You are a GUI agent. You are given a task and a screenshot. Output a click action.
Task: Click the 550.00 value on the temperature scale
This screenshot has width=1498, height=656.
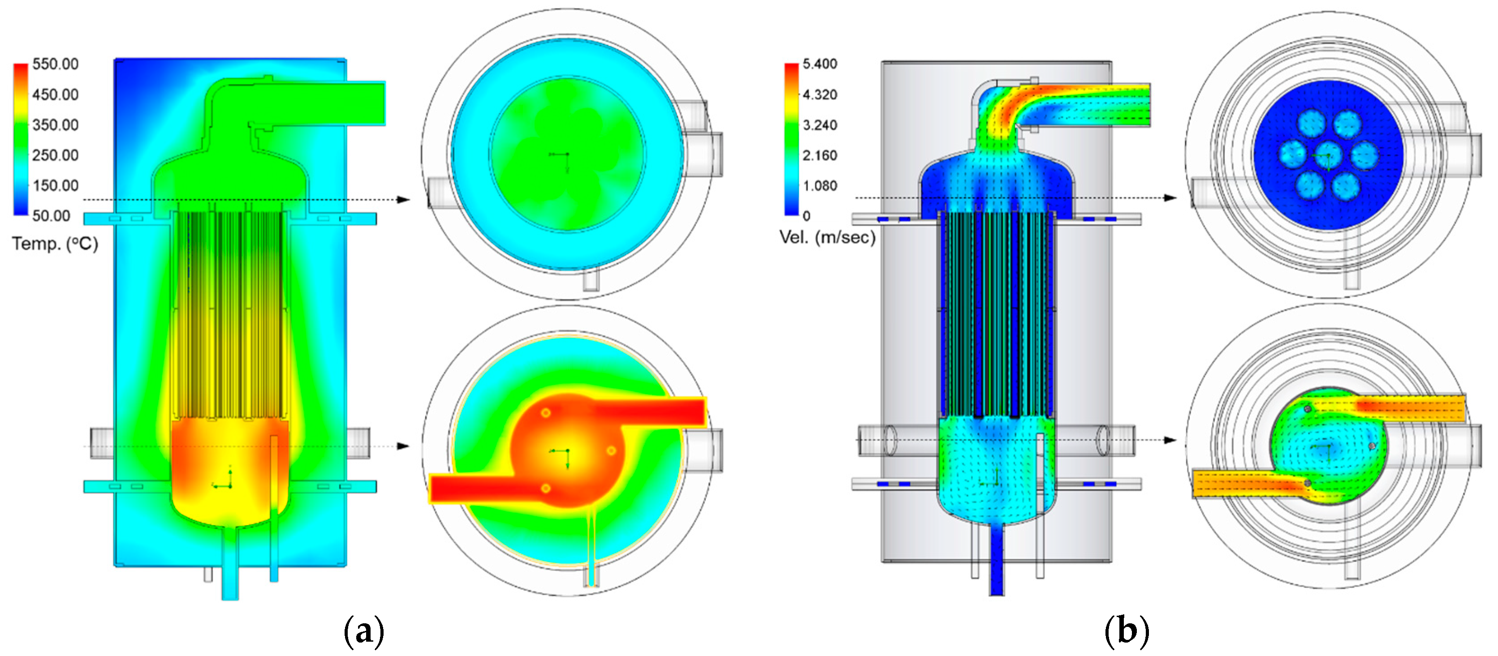pyautogui.click(x=55, y=64)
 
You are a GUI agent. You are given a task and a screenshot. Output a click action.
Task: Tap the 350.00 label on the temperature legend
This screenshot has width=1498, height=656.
pyautogui.click(x=55, y=125)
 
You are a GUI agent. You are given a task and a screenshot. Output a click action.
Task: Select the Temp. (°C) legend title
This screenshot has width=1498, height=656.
pyautogui.click(x=55, y=244)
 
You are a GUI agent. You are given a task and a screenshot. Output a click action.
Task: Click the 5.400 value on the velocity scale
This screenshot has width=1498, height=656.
pyautogui.click(x=820, y=64)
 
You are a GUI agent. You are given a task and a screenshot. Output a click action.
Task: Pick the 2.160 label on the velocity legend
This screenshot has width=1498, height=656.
pyautogui.click(x=820, y=155)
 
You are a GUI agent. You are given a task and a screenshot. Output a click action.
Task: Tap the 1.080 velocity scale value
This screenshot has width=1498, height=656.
pyautogui.click(x=820, y=186)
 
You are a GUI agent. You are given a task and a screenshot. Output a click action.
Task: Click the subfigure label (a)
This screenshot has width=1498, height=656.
pyautogui.click(x=364, y=630)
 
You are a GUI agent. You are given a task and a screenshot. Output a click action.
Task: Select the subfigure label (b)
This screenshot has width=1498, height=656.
pyautogui.click(x=1127, y=630)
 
